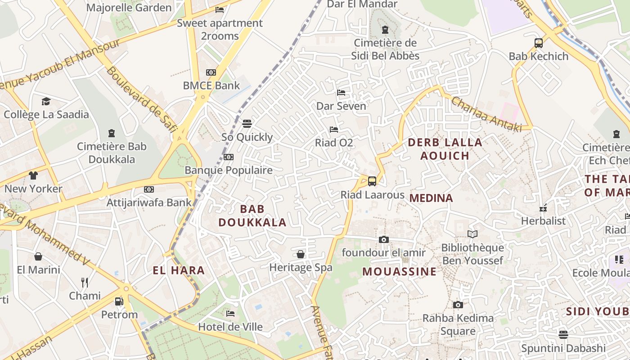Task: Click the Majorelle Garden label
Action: click(129, 8)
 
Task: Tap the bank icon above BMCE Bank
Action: click(211, 72)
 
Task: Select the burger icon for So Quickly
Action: click(247, 123)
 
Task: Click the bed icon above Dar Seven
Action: click(341, 93)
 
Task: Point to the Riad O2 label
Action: click(334, 143)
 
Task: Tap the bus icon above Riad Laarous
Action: click(372, 181)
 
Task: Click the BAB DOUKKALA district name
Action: click(252, 216)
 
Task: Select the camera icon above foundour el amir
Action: click(383, 240)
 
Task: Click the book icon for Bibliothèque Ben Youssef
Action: click(472, 234)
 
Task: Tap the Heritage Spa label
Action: click(301, 267)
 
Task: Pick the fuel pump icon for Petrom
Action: click(119, 301)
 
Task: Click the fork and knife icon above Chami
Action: click(85, 282)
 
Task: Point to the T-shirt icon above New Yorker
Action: click(33, 175)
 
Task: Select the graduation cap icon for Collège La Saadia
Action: click(46, 101)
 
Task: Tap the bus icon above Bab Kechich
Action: click(539, 43)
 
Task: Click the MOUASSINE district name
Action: click(399, 272)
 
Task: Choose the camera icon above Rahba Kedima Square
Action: click(458, 305)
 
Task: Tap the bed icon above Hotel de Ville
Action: click(230, 313)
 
